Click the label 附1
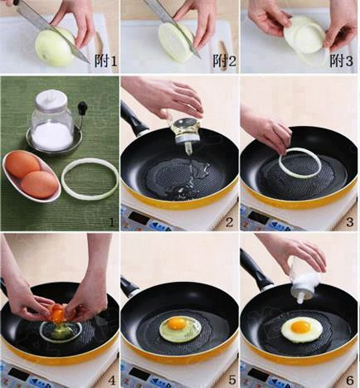tap(106, 61)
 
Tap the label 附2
tap(225, 61)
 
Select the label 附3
tap(342, 61)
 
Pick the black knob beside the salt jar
tap(82, 106)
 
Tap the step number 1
tap(111, 222)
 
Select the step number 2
tap(229, 222)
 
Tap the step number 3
tap(350, 222)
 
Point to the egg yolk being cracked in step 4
tap(58, 313)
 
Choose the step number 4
tap(111, 381)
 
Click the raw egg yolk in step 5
tap(177, 323)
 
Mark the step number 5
tap(232, 381)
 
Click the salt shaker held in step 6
tap(304, 279)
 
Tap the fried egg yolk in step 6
tap(301, 327)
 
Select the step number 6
tap(350, 381)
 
